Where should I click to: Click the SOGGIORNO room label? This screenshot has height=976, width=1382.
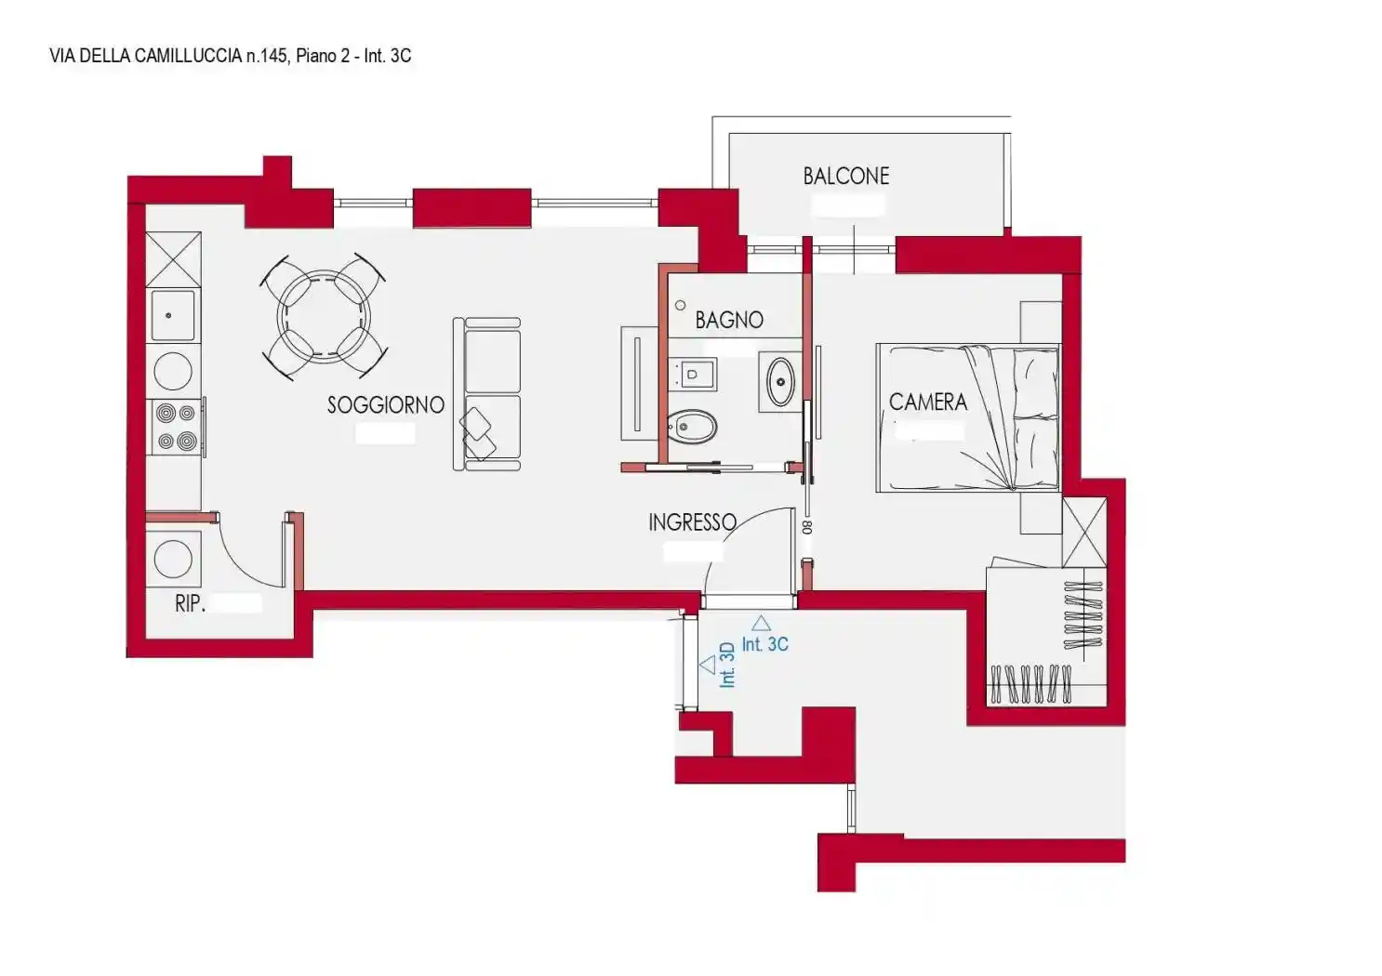tap(386, 405)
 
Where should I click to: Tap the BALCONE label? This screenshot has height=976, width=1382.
tap(846, 177)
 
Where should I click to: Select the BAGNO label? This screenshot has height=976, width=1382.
tap(729, 320)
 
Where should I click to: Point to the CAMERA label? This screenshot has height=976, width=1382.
tap(928, 402)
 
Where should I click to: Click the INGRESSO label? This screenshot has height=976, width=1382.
tap(692, 522)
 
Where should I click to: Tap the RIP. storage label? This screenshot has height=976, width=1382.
tap(190, 603)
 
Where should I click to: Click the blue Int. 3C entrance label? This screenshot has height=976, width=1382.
tap(765, 644)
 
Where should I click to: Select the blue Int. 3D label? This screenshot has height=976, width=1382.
tap(727, 665)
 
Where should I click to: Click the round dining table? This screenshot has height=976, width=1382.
tap(324, 316)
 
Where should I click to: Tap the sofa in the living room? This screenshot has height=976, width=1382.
tap(486, 394)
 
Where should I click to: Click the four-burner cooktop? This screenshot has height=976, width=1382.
tap(176, 427)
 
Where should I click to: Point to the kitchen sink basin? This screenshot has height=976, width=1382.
tap(173, 316)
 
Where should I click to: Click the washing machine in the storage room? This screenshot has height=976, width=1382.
tap(173, 559)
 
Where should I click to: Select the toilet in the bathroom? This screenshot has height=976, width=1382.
tap(692, 426)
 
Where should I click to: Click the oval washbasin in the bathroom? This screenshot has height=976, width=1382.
tap(780, 382)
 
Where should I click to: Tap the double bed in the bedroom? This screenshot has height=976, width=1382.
tap(968, 418)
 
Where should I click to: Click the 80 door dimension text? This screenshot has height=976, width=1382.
tap(807, 527)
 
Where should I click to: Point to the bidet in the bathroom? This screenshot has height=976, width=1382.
tap(692, 374)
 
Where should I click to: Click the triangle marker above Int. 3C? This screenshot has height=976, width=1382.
tap(761, 623)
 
